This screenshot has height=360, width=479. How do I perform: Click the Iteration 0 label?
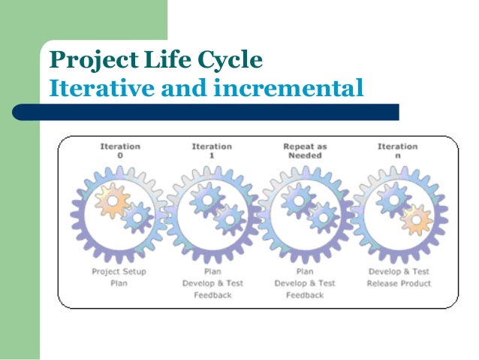(x=120, y=150)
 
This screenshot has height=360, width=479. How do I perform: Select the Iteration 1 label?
(x=212, y=150)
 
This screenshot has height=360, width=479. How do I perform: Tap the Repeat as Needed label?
(x=303, y=150)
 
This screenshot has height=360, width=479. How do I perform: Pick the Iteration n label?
(x=397, y=150)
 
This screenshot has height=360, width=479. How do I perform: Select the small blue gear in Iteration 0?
(x=136, y=218)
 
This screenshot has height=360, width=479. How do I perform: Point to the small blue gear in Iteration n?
(x=392, y=198)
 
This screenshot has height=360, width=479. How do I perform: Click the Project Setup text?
(x=119, y=271)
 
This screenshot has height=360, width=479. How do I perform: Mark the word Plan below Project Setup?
(x=119, y=283)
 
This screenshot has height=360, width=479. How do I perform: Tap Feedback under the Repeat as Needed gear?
(x=304, y=295)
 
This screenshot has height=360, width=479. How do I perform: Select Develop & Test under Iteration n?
(x=399, y=271)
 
